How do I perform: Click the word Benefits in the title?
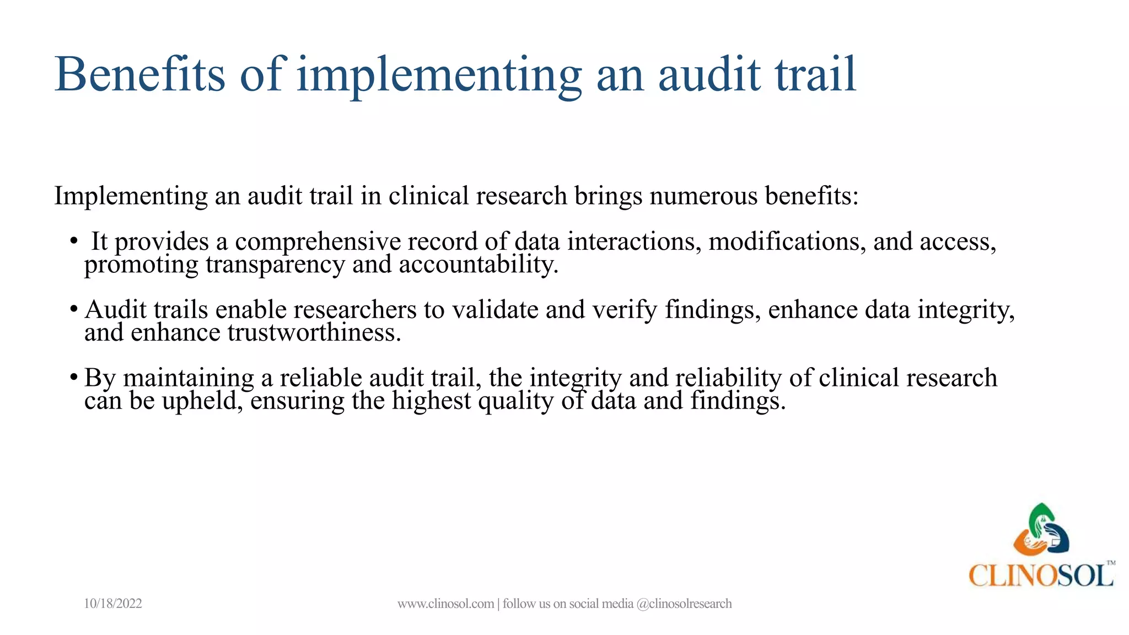tap(140, 74)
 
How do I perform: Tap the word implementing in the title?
tap(439, 76)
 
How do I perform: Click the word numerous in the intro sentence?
tap(704, 196)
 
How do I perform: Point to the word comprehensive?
tap(318, 242)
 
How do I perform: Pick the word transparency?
tap(275, 265)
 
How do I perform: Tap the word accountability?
tap(479, 265)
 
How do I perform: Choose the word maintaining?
tap(188, 378)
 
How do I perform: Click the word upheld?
tap(202, 401)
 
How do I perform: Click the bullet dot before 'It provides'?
tap(73, 241)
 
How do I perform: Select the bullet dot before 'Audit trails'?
tap(73, 309)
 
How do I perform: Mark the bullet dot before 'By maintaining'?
tap(73, 378)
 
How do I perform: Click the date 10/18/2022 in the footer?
tap(112, 604)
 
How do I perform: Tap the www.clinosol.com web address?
tap(445, 604)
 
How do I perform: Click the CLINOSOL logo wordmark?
tap(1041, 575)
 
